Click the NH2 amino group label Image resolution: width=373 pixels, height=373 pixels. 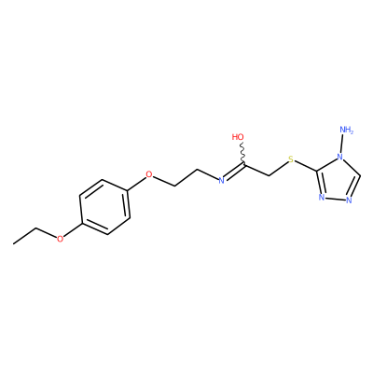point(347,130)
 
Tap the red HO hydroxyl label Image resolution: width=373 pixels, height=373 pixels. point(238,137)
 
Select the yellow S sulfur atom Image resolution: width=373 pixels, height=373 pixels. point(291,159)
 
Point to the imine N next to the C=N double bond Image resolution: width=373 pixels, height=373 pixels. point(221,180)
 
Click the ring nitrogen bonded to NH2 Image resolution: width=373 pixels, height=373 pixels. point(341,157)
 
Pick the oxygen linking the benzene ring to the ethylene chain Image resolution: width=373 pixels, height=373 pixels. point(149,174)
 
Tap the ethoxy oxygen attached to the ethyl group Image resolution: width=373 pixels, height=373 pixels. point(60,239)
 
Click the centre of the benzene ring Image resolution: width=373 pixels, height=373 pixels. point(104,207)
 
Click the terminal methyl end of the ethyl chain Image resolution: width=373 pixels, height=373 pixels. point(14,243)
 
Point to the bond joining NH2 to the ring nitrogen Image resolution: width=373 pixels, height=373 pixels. point(343,144)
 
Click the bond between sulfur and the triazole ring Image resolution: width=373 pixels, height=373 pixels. point(306,166)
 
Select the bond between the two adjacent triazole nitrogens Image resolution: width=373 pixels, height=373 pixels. point(335,199)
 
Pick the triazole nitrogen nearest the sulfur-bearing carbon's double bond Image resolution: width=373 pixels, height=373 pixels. point(322,198)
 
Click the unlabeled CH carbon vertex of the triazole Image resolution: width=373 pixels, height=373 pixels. point(360,176)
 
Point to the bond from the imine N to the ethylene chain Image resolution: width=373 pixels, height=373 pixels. point(208,174)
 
